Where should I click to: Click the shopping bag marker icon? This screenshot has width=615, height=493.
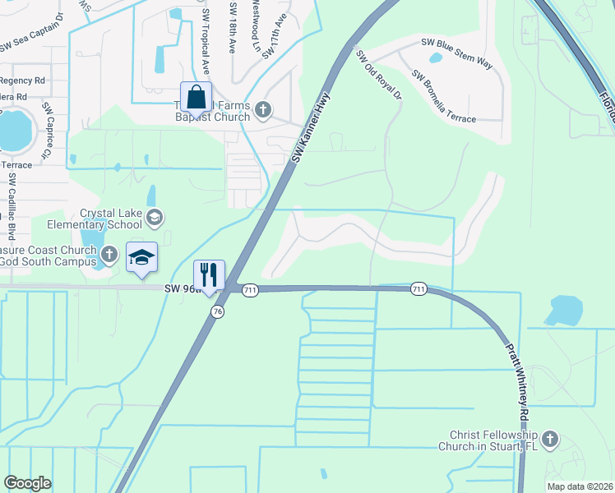click(197, 98)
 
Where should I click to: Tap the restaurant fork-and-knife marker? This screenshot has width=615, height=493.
click(209, 274)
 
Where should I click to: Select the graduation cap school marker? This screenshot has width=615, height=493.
click(141, 257)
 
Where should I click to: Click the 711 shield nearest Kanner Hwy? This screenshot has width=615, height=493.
click(251, 289)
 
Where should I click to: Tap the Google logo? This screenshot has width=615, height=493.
click(27, 483)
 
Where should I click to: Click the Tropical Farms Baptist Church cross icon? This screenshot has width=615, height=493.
click(263, 109)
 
